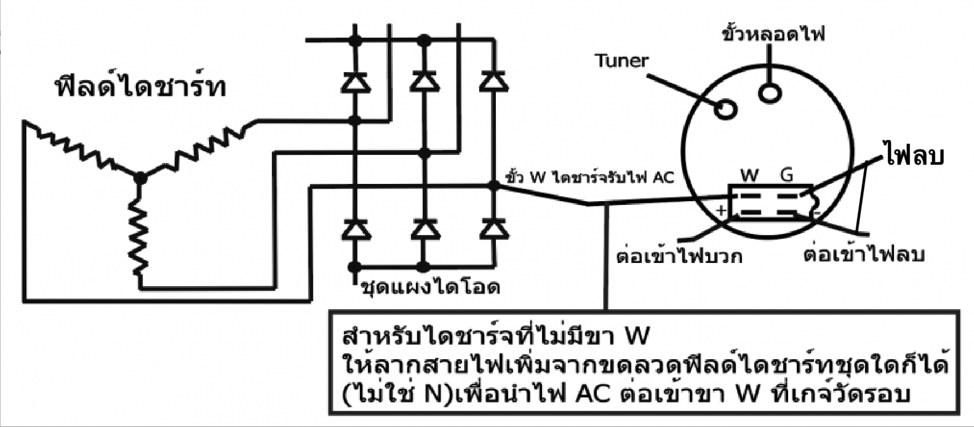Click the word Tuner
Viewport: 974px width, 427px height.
(x=622, y=60)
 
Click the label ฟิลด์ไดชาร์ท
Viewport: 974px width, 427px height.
(x=141, y=88)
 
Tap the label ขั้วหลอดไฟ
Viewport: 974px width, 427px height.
(x=773, y=34)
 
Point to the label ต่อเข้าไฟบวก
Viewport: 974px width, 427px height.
(x=679, y=257)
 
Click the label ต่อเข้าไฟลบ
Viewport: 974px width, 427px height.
(x=864, y=254)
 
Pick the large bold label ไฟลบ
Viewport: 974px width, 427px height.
(x=913, y=156)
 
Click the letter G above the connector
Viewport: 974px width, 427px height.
(x=786, y=175)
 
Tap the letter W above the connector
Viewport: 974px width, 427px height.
(x=749, y=175)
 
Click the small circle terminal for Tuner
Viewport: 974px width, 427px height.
(x=725, y=110)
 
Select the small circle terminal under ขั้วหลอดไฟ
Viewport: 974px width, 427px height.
(x=770, y=92)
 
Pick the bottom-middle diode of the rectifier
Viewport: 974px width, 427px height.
(x=424, y=230)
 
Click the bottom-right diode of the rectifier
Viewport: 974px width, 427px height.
(x=494, y=230)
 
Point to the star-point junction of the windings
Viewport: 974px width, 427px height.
(x=140, y=177)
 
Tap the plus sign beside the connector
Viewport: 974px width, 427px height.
(x=721, y=210)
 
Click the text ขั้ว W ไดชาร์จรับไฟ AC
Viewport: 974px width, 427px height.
(x=589, y=177)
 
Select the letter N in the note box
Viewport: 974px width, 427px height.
(x=432, y=395)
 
